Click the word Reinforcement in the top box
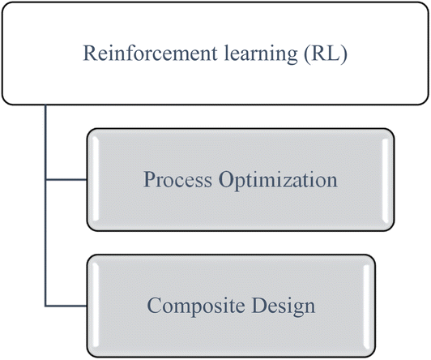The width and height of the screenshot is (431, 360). tap(151, 53)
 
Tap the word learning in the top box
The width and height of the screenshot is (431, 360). tap(261, 54)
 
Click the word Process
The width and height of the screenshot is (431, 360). tap(177, 179)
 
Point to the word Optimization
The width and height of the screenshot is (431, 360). tap(278, 181)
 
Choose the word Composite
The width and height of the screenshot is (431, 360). tap(196, 306)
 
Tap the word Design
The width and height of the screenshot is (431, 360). tap(284, 306)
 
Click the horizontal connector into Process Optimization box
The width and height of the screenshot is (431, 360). tap(66, 180)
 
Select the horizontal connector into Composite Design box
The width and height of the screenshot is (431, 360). tap(66, 306)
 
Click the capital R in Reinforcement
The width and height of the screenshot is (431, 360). tap(90, 53)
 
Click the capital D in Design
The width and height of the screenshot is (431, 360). tap(259, 305)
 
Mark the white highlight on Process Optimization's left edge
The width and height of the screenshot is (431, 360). tap(96, 179)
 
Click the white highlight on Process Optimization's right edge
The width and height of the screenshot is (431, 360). tap(386, 179)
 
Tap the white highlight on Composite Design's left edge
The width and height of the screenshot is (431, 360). tap(96, 306)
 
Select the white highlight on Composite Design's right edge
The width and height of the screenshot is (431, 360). tap(366, 306)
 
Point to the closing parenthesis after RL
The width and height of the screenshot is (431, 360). tap(344, 54)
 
